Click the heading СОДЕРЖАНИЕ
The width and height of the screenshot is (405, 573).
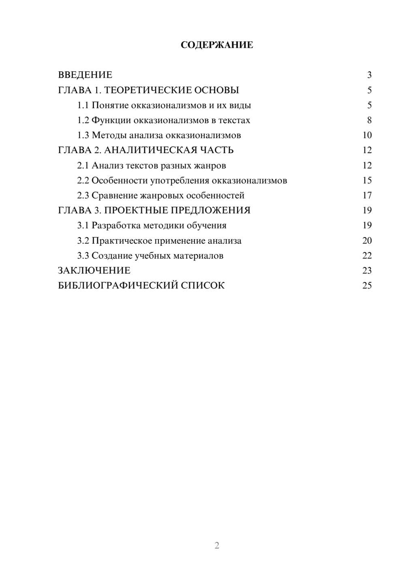point(217,45)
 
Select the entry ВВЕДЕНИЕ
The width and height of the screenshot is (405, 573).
point(85,75)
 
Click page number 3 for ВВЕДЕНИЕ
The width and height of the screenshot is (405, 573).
point(369,75)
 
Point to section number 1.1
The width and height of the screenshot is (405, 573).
point(83,105)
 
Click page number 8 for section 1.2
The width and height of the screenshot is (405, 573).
point(369,120)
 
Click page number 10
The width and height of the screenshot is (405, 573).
point(367,135)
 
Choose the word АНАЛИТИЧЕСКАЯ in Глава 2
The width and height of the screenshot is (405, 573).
point(150,150)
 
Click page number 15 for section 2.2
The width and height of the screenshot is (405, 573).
point(367,180)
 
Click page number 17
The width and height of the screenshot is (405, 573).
point(367,195)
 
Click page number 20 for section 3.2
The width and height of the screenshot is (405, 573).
point(367,241)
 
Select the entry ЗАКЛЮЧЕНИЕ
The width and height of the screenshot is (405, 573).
point(94,271)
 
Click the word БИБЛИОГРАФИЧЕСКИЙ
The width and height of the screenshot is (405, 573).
point(117,286)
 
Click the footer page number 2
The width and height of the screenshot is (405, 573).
point(217,545)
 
